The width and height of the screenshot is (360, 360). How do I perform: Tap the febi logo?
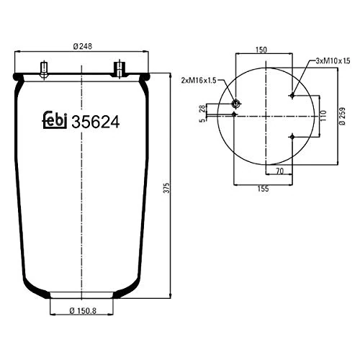[53, 122]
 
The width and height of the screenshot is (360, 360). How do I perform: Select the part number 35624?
[94, 122]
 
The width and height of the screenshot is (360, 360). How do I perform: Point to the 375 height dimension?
[167, 187]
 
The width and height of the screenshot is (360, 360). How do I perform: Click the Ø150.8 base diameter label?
[82, 311]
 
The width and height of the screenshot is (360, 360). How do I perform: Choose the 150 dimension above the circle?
[262, 50]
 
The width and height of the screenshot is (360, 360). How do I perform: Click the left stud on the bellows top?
[45, 71]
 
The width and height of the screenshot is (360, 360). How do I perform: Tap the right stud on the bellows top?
[118, 70]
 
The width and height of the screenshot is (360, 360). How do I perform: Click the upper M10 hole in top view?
[291, 95]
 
